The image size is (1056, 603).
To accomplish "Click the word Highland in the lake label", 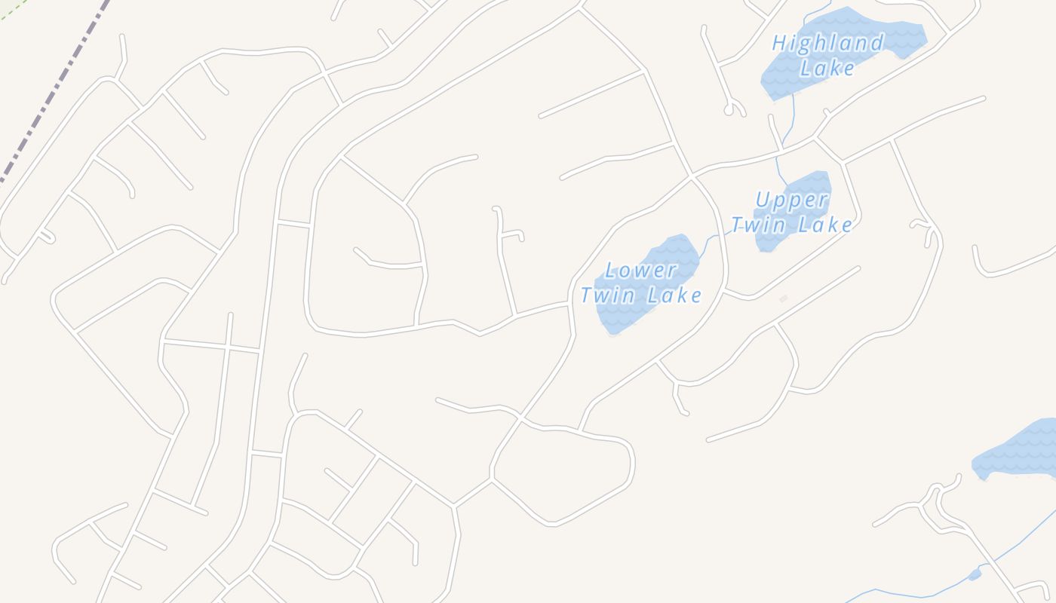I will point(827,43).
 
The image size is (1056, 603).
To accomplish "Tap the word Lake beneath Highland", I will point(827,68).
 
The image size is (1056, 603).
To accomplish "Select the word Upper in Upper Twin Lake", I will point(791,200).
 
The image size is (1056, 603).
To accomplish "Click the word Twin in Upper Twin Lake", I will point(757,225).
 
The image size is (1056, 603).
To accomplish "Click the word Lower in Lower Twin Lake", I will point(640,270).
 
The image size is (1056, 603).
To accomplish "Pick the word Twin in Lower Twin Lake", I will point(606,295).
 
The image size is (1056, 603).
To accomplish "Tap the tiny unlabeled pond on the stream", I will point(975,575).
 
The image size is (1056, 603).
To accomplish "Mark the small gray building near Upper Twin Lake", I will point(783,299).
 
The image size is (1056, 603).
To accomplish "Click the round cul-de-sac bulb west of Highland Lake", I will point(729,110).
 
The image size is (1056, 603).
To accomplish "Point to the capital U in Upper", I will point(763,200).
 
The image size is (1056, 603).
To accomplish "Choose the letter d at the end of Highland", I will point(876,43).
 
